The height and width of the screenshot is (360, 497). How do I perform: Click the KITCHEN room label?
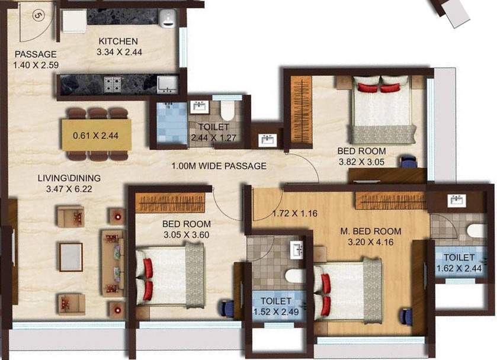tap(118, 41)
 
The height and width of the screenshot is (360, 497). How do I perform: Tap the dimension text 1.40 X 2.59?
tap(36, 64)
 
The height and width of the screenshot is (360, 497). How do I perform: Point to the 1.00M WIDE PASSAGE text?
tap(219, 166)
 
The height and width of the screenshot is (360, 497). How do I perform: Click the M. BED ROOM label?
tap(370, 231)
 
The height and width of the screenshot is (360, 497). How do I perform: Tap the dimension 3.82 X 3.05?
tap(361, 161)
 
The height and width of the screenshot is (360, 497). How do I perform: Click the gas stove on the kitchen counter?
tap(113, 85)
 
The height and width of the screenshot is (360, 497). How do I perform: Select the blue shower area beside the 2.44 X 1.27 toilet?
tap(171, 123)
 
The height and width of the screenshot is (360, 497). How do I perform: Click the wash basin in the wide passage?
tap(267, 140)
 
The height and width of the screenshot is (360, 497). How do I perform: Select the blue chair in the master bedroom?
tap(406, 316)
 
